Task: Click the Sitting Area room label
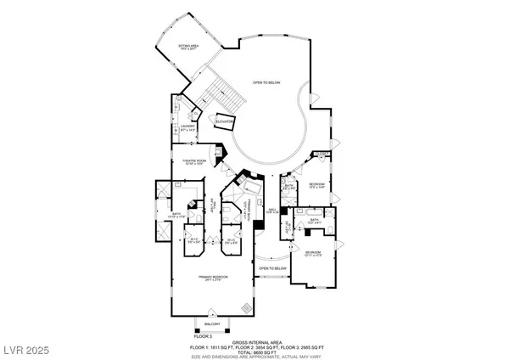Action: pos(187,48)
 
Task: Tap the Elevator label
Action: pos(224,122)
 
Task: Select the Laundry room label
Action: pos(188,129)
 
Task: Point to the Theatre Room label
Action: pos(189,162)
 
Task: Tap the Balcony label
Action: pos(213,324)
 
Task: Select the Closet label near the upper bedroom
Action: pos(321,155)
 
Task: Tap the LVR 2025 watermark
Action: pos(30,348)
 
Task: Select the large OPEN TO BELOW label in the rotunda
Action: pos(266,83)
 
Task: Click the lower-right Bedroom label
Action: pos(313,253)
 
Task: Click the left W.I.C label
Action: pos(193,240)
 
